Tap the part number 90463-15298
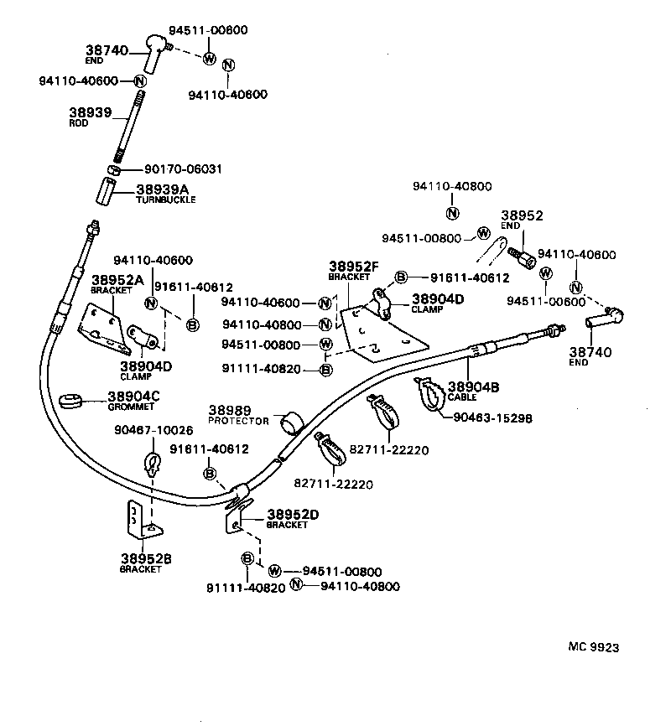pyautogui.click(x=493, y=417)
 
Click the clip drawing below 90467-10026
pyautogui.click(x=153, y=464)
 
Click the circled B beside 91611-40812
pyautogui.click(x=191, y=324)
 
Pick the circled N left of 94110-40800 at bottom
pyautogui.click(x=295, y=584)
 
